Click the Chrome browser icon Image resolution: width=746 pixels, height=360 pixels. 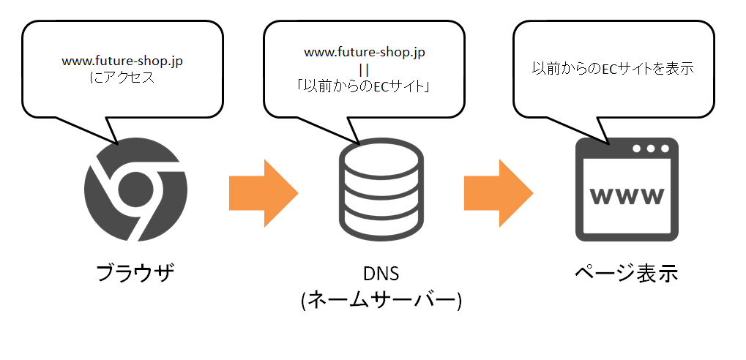[x=135, y=190]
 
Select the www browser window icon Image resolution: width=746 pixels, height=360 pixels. [x=627, y=190]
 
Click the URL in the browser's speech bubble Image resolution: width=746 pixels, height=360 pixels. [x=122, y=62]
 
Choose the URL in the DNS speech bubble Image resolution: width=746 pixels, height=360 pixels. [x=364, y=53]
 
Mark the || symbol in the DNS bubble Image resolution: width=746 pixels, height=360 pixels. [x=364, y=70]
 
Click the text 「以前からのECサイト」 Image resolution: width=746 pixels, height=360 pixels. [x=364, y=86]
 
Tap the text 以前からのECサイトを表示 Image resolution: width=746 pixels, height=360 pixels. [x=612, y=69]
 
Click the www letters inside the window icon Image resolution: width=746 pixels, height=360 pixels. [x=627, y=196]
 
